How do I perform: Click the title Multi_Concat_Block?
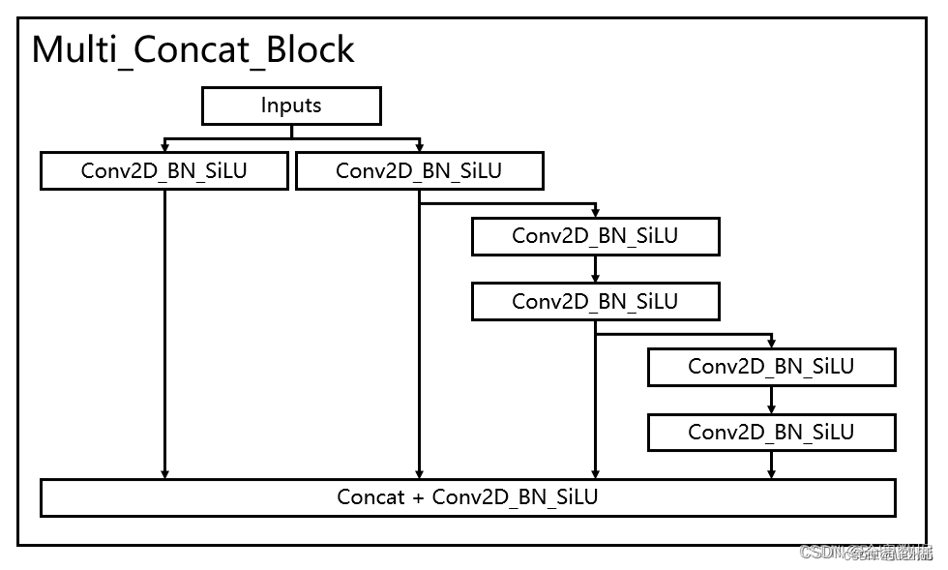point(193,49)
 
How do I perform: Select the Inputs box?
point(291,105)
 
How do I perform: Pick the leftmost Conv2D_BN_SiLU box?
point(164,171)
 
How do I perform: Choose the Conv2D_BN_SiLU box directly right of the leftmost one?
point(419,171)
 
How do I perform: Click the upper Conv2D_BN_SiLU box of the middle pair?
point(595,236)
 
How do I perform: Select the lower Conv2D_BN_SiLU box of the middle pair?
point(595,301)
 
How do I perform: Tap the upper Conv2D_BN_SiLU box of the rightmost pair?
point(771,367)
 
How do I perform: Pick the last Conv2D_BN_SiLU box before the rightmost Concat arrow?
point(771,432)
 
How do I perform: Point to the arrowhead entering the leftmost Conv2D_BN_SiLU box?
point(164,148)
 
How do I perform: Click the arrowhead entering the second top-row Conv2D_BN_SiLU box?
point(419,148)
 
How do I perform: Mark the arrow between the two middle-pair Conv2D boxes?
point(595,270)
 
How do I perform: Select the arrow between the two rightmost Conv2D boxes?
point(771,401)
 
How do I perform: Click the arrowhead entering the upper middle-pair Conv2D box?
point(595,213)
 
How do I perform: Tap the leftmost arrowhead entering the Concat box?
point(164,474)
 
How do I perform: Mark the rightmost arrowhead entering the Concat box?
point(771,474)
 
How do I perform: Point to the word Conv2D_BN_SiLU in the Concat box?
point(515,497)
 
